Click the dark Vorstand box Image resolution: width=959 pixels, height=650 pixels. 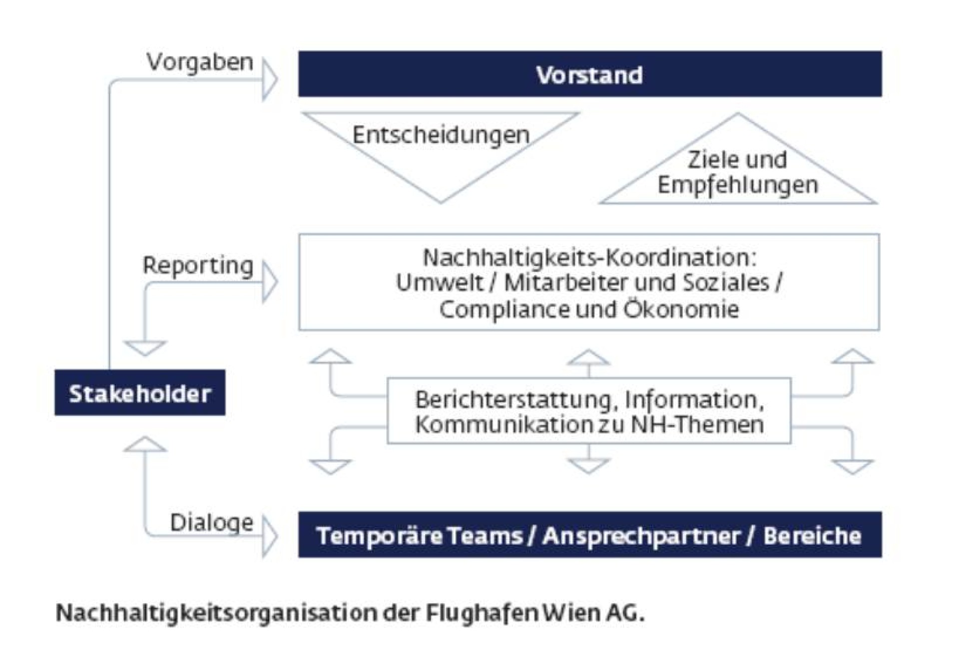pos(590,74)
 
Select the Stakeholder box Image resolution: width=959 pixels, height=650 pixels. pos(140,393)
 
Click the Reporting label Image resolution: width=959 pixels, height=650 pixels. pos(198,266)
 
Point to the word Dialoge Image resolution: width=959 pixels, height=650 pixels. pos(212,524)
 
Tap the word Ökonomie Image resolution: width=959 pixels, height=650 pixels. pos(681,309)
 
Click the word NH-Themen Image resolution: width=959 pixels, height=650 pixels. pos(697,425)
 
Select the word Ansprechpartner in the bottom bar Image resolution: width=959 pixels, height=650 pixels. pos(641,536)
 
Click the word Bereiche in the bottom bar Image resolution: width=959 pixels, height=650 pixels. pos(812,536)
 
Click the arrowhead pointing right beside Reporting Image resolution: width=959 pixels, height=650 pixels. pos(270,282)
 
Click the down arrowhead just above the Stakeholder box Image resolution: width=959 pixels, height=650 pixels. pos(145,348)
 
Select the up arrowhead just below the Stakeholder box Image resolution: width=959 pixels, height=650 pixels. pos(145,444)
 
